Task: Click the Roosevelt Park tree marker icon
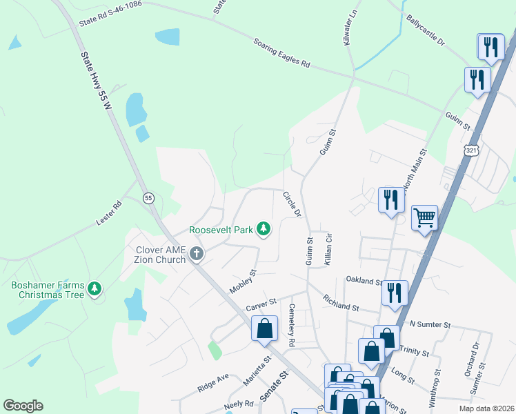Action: (x=263, y=229)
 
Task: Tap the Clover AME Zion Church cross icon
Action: (x=197, y=254)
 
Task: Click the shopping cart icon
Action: (x=425, y=218)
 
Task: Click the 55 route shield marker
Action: (x=148, y=198)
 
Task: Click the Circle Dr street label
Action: (x=292, y=204)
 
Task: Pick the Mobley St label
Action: (x=243, y=282)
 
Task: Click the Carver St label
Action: (x=262, y=302)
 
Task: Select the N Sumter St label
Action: (x=429, y=324)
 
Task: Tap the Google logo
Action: (x=23, y=406)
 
